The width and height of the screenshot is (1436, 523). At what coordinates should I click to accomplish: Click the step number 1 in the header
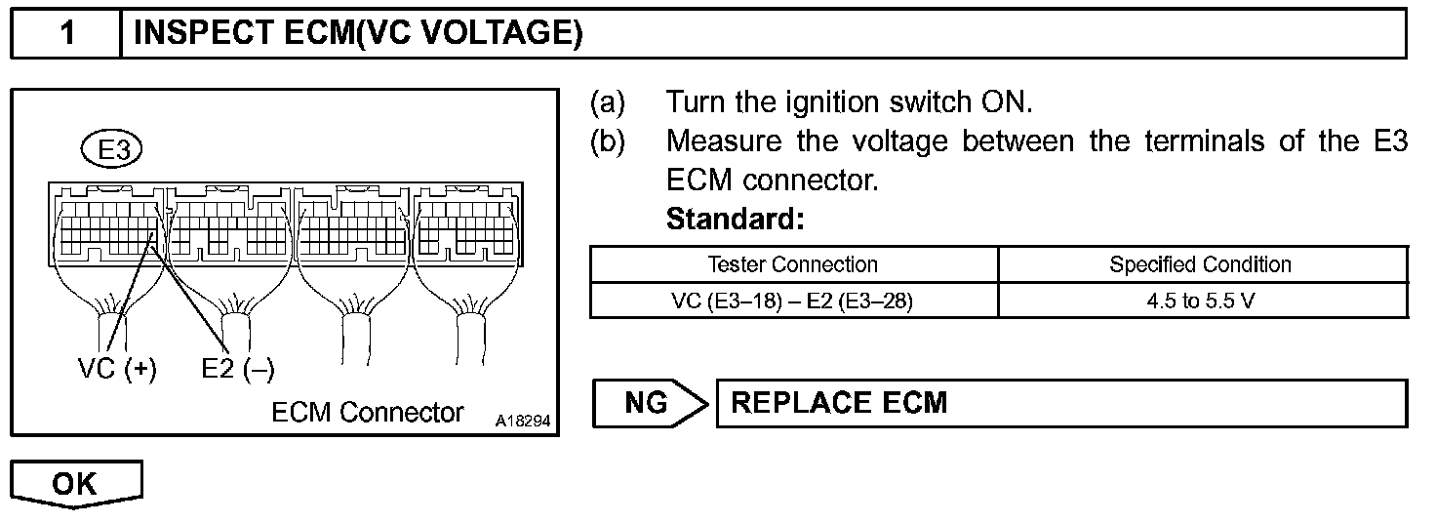pos(66,35)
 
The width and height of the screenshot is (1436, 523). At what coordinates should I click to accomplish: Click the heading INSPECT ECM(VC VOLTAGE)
pos(357,35)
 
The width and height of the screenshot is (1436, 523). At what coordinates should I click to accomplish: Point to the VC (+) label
pos(117,369)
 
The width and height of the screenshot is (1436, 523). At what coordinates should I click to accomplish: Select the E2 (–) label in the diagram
pos(238,369)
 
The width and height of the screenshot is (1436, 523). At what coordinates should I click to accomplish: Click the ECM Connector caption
pos(368,412)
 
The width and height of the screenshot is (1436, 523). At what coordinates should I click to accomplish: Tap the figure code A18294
pos(523,422)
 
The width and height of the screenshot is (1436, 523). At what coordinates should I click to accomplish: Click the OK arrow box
pos(76,484)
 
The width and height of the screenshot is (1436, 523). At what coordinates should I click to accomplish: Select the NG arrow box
pos(648,403)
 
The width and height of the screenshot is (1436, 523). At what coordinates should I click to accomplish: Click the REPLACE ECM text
pos(839,403)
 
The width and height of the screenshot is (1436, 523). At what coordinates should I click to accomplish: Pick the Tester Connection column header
pos(792,264)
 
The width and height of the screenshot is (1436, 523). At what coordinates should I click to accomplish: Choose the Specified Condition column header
pos(1200,264)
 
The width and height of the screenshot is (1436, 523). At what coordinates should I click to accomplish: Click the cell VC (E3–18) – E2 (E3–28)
pos(792,301)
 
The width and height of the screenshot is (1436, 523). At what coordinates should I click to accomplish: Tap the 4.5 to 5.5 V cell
pos(1200,301)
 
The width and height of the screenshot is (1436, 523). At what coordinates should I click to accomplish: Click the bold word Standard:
pos(735,221)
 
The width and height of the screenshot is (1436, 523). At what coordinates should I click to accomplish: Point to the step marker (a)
pos(607,101)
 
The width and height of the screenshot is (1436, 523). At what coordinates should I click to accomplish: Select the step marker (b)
pos(607,141)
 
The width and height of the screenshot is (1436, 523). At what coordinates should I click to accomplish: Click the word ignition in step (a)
pos(835,101)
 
